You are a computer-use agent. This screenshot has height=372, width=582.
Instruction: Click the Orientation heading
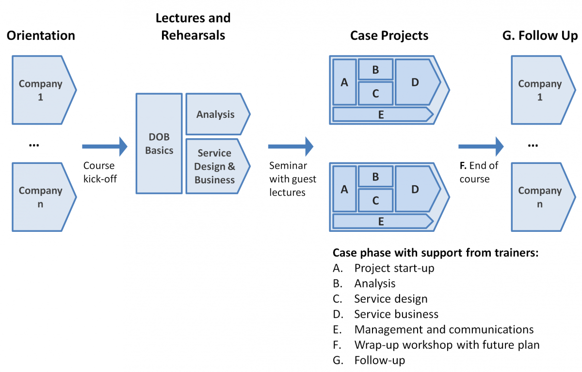(41, 35)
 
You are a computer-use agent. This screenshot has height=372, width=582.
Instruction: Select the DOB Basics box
(159, 144)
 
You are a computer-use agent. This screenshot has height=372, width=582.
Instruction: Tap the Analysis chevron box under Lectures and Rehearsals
(218, 114)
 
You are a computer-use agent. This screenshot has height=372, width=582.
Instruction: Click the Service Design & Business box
(218, 166)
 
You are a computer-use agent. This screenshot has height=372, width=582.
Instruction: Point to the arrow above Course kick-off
(105, 146)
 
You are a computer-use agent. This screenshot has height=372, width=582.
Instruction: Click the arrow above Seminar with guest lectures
(291, 146)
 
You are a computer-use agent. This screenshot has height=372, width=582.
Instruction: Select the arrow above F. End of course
(481, 146)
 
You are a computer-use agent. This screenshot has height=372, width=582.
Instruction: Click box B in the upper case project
(375, 69)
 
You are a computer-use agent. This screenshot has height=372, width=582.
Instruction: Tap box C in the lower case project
(375, 200)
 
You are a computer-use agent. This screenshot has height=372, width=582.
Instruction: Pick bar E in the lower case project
(383, 221)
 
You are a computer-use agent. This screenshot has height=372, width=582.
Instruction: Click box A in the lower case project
(344, 189)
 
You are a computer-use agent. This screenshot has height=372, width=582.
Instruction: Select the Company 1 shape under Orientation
(44, 90)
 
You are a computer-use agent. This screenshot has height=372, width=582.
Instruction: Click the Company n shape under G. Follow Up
(543, 197)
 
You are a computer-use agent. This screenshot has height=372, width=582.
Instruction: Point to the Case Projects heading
(389, 35)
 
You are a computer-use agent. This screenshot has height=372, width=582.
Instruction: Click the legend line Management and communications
(433, 329)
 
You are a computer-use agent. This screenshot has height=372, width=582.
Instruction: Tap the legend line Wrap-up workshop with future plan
(436, 345)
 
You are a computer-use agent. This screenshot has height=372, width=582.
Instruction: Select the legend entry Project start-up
(384, 268)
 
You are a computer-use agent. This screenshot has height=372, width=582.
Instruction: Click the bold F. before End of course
(463, 165)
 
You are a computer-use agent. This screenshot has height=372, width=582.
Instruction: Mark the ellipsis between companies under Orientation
(34, 145)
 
